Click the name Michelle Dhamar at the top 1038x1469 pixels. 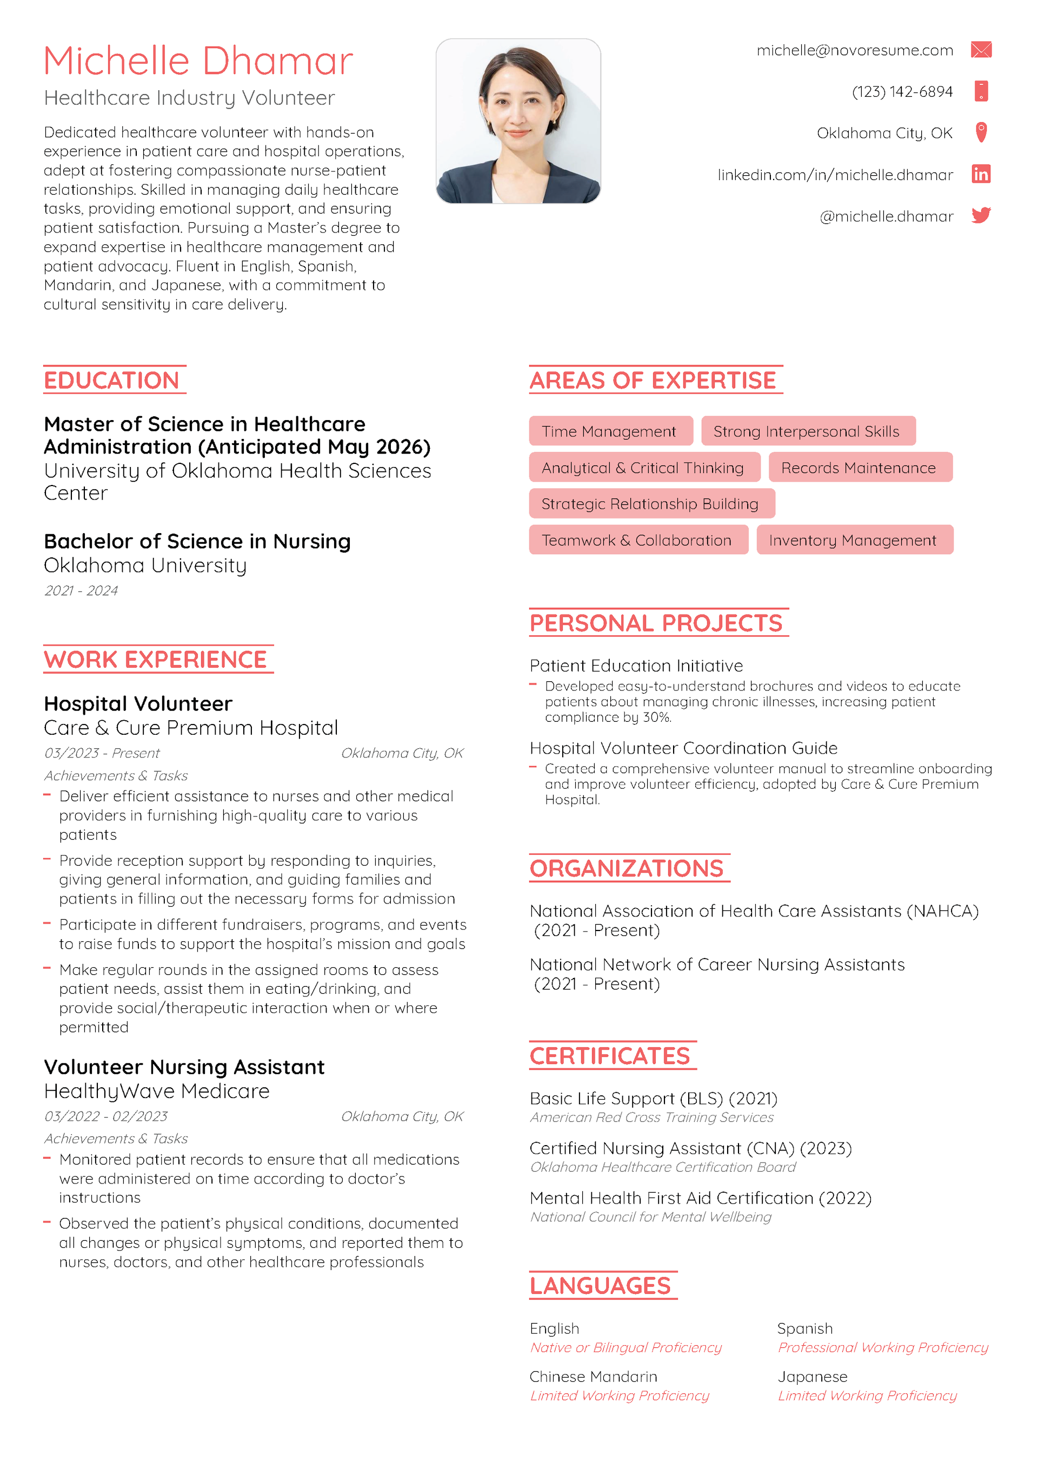(x=198, y=62)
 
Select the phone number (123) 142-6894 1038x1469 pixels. (x=902, y=92)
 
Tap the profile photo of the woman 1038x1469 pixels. (x=518, y=121)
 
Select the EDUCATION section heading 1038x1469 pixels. (x=111, y=381)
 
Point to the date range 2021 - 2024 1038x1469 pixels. (x=81, y=590)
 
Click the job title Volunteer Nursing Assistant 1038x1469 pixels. (x=184, y=1067)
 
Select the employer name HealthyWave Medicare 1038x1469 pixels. (x=157, y=1092)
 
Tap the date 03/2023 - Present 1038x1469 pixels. (x=102, y=753)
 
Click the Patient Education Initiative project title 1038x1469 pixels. (x=636, y=666)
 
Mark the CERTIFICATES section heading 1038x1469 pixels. (x=610, y=1056)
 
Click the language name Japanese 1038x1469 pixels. (x=811, y=1377)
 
